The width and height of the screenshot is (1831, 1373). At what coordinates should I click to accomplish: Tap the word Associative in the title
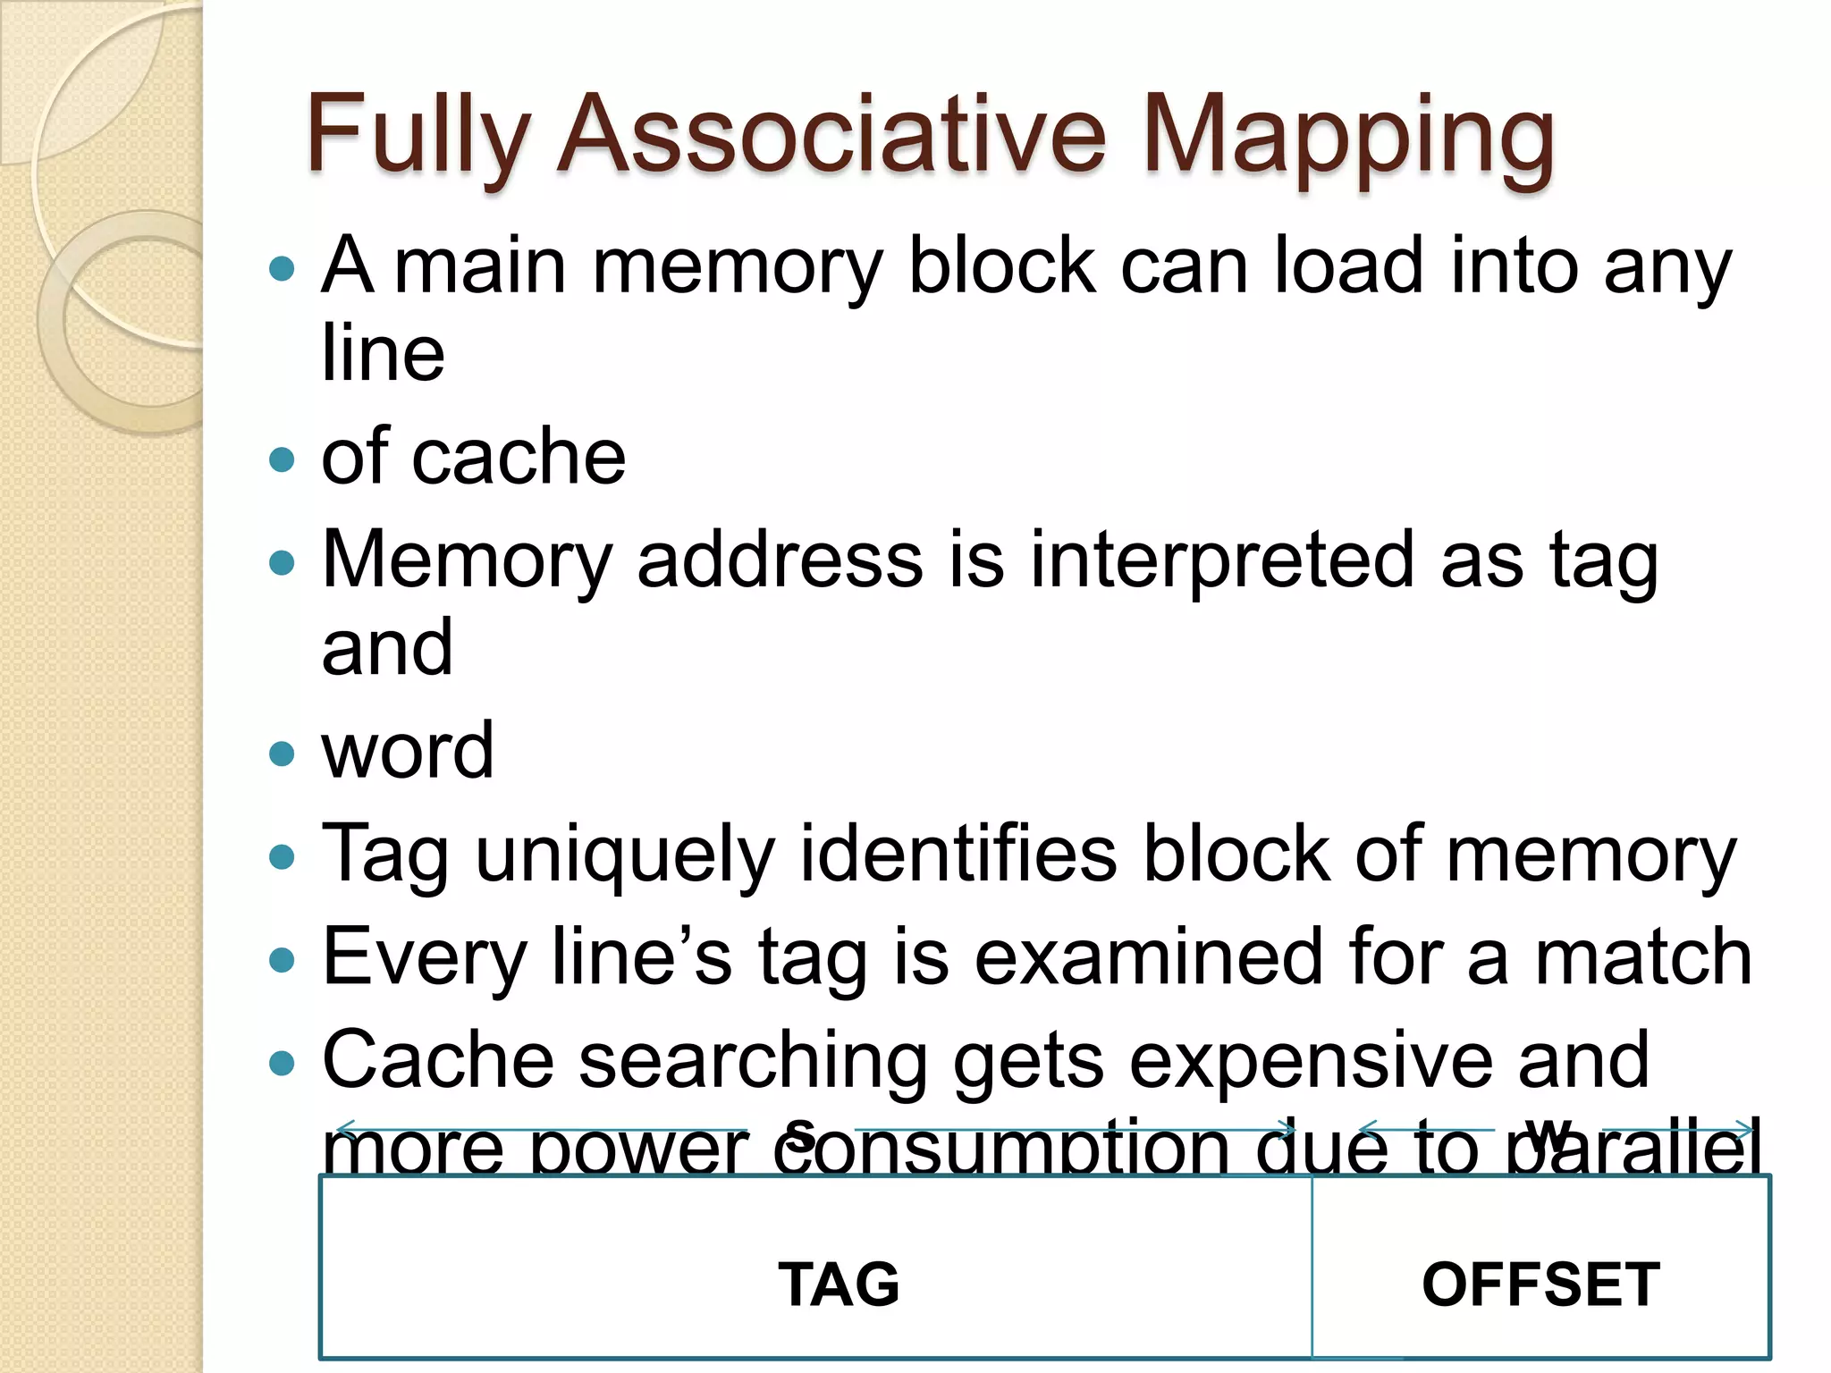tap(831, 134)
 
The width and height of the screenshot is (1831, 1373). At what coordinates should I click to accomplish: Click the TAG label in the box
tap(839, 1285)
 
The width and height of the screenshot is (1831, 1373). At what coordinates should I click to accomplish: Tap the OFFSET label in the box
tap(1540, 1285)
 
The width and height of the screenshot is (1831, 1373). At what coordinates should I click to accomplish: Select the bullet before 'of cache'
tap(282, 459)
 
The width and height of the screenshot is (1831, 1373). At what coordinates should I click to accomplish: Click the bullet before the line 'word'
tap(282, 753)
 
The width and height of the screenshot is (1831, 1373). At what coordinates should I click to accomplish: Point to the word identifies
tap(958, 853)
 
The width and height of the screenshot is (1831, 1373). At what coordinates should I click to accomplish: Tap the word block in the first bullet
tap(1002, 265)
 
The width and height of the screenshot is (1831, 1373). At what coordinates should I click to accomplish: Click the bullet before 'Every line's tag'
tap(282, 961)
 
